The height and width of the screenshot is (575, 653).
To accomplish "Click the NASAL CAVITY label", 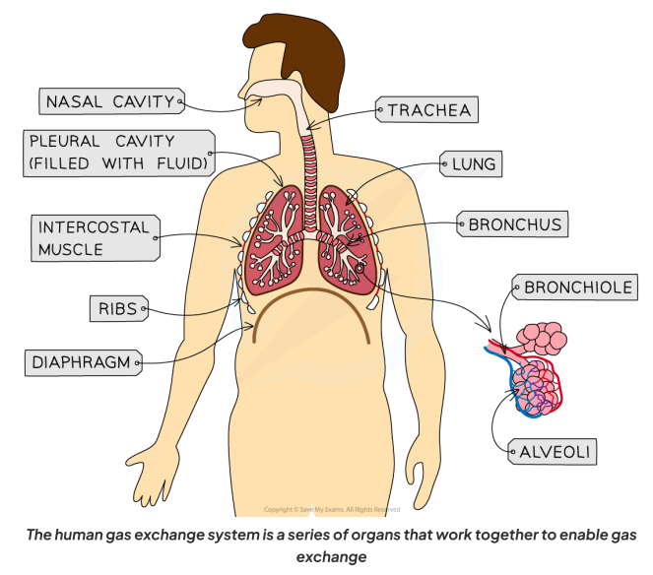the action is [x=109, y=100].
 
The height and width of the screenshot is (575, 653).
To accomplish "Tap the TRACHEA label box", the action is [x=425, y=110].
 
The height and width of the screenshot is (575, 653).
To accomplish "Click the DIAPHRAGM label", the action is [x=78, y=362].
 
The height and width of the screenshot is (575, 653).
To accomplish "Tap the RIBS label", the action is [x=115, y=309].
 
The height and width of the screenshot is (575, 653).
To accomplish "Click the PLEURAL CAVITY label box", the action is [x=117, y=152].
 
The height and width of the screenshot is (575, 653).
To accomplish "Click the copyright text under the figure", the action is [x=331, y=509].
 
